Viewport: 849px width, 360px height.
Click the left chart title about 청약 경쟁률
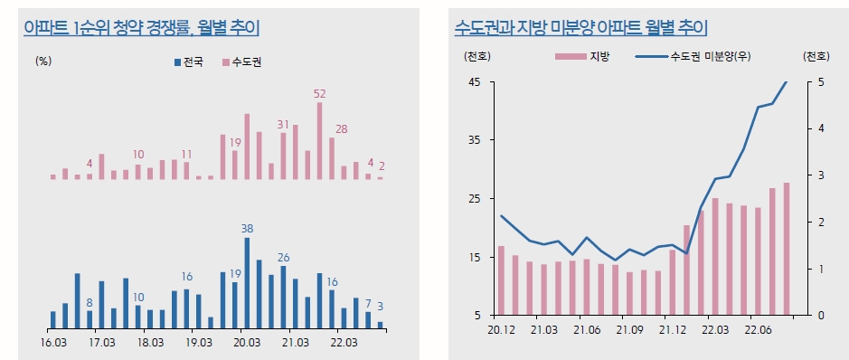(x=142, y=28)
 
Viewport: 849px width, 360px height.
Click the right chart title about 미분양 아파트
(x=580, y=28)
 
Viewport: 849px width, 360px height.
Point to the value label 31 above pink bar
(x=283, y=124)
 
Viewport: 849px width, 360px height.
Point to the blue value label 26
(x=283, y=258)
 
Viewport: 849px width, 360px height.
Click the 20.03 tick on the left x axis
(x=247, y=343)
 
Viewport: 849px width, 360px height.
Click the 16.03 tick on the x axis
(x=53, y=343)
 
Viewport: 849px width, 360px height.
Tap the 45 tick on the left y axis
(x=474, y=82)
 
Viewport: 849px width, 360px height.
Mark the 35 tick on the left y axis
(x=474, y=141)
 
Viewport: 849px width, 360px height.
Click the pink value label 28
(x=342, y=128)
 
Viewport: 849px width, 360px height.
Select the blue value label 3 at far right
(x=381, y=306)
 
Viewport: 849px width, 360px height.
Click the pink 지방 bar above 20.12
(x=501, y=280)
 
